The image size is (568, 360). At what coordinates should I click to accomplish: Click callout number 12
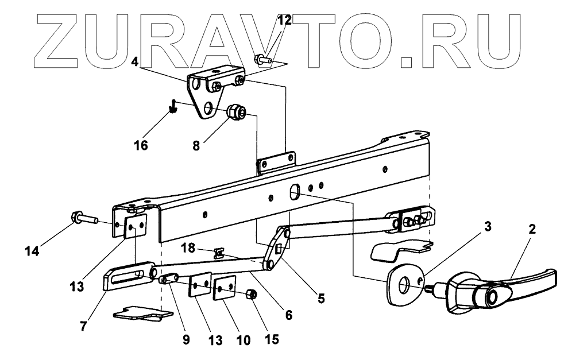285,22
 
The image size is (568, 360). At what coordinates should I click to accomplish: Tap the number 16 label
141,145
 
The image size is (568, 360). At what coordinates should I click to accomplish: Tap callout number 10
243,340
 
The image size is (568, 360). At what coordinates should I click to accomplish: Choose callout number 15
271,339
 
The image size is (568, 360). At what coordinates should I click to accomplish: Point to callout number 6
288,314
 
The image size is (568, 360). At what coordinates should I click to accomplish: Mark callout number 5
320,298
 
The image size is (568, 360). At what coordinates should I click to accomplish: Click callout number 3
487,226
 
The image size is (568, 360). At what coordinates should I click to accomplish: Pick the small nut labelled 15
251,295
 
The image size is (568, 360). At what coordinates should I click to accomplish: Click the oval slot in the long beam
295,192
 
